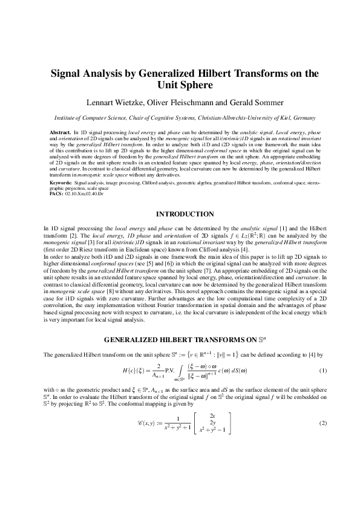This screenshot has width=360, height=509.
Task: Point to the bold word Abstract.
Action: click(x=60, y=131)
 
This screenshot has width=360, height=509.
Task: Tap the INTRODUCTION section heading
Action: click(x=185, y=214)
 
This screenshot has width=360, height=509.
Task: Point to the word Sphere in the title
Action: click(x=195, y=85)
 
